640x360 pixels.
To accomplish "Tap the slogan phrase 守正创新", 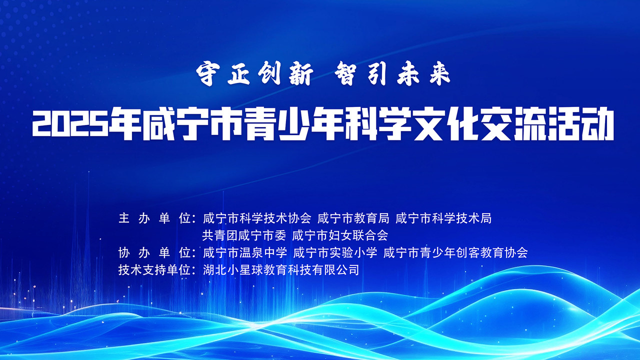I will pyautogui.click(x=254, y=74).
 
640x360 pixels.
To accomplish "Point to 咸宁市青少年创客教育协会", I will pyautogui.click(x=455, y=253).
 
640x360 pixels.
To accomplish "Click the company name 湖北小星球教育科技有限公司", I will pyautogui.click(x=281, y=270).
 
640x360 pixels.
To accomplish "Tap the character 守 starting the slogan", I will pyautogui.click(x=205, y=74).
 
